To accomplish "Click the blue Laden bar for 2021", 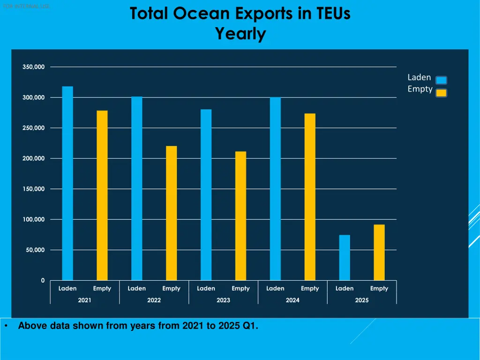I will coord(67,183).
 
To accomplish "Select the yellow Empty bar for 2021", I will coord(102,195).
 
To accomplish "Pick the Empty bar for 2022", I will coord(172,213).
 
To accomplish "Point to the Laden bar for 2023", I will coord(206,195).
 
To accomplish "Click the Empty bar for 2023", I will coord(240,216).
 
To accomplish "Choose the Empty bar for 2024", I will coord(310,197).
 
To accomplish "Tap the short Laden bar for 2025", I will coord(345,258).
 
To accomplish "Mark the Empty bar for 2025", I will coord(379,253).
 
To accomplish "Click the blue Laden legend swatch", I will coord(441,80).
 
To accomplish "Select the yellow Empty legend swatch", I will coord(441,93).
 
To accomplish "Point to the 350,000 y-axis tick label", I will coord(34,67).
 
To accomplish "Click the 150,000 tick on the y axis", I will coord(34,189).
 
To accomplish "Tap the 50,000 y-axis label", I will coord(36,250).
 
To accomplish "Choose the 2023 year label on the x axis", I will coord(223,300).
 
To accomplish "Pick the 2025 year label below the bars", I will coord(362,300).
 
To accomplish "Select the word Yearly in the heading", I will coord(240,34).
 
